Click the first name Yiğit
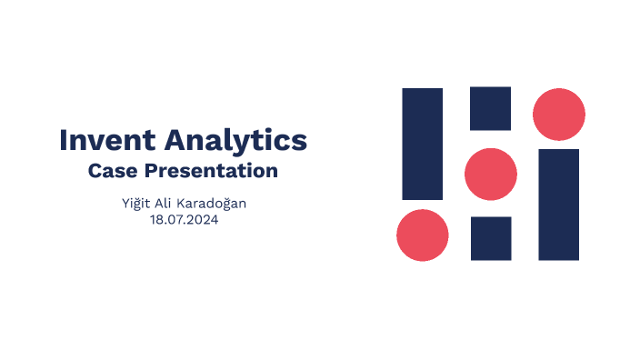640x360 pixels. pyautogui.click(x=135, y=203)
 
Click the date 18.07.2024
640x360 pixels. pyautogui.click(x=184, y=219)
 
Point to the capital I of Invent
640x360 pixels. pyautogui.click(x=64, y=140)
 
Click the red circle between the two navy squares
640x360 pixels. pyautogui.click(x=491, y=174)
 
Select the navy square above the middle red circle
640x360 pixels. pyautogui.click(x=491, y=108)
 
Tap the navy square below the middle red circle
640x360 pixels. pyautogui.click(x=491, y=238)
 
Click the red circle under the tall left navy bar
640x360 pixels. pyautogui.click(x=423, y=235)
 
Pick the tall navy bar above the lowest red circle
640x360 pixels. pyautogui.click(x=423, y=144)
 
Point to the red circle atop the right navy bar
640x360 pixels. pyautogui.click(x=559, y=115)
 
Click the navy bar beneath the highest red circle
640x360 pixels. pyautogui.click(x=559, y=205)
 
